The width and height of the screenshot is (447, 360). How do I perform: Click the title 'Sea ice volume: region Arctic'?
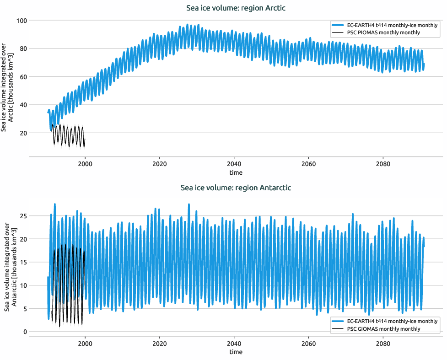point(236,8)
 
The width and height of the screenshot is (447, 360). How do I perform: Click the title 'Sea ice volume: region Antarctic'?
point(236,188)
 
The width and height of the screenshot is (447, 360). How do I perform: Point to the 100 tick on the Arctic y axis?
point(21,21)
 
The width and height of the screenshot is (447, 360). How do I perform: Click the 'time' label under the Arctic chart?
point(236,172)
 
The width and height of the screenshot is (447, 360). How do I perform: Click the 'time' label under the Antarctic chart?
point(236,352)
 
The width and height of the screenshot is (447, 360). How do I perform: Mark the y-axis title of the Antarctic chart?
point(10,268)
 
